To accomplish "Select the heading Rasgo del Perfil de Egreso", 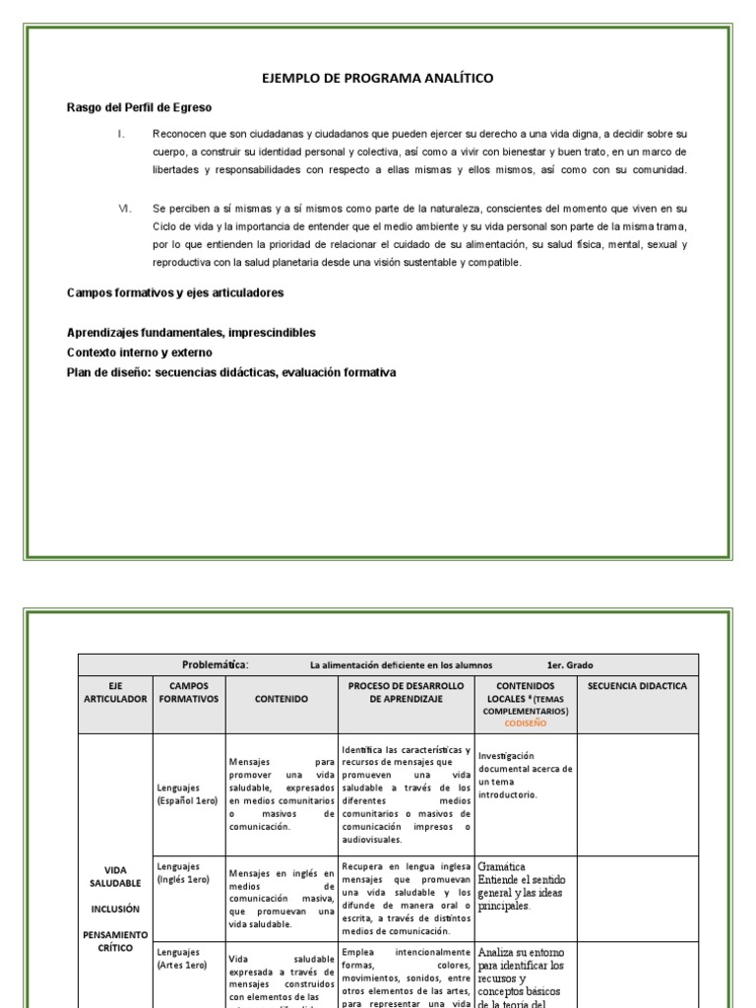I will pos(139,106).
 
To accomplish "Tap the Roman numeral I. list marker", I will pos(121,133).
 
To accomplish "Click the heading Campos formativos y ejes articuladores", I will pos(175,292).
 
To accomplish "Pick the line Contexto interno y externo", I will pos(139,352).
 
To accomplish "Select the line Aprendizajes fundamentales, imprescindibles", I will pos(191,333).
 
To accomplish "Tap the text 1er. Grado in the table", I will pos(571,664).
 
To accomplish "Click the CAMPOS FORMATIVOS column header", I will pos(189,692).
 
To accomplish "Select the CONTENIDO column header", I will pos(282,698).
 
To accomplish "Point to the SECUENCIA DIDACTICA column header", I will pos(637,686).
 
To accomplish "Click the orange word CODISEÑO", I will pos(525,722).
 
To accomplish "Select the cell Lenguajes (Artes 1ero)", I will pos(182,959).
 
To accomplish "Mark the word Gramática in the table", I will pos(501,866).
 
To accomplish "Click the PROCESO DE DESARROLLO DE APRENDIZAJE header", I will pos(407,692).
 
